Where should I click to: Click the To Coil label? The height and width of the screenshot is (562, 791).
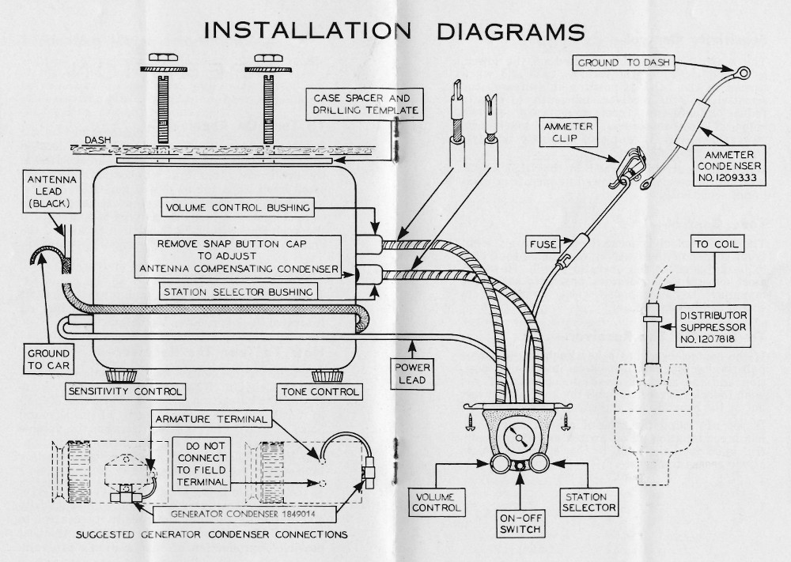[717, 244]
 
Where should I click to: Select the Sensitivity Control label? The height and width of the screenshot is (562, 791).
[126, 391]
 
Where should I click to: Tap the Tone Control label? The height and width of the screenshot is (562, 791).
[319, 391]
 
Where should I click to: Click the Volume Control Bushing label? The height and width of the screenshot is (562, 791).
[237, 209]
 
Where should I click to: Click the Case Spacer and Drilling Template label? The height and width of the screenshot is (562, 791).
[365, 104]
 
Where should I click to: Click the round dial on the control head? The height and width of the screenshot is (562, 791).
[519, 436]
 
